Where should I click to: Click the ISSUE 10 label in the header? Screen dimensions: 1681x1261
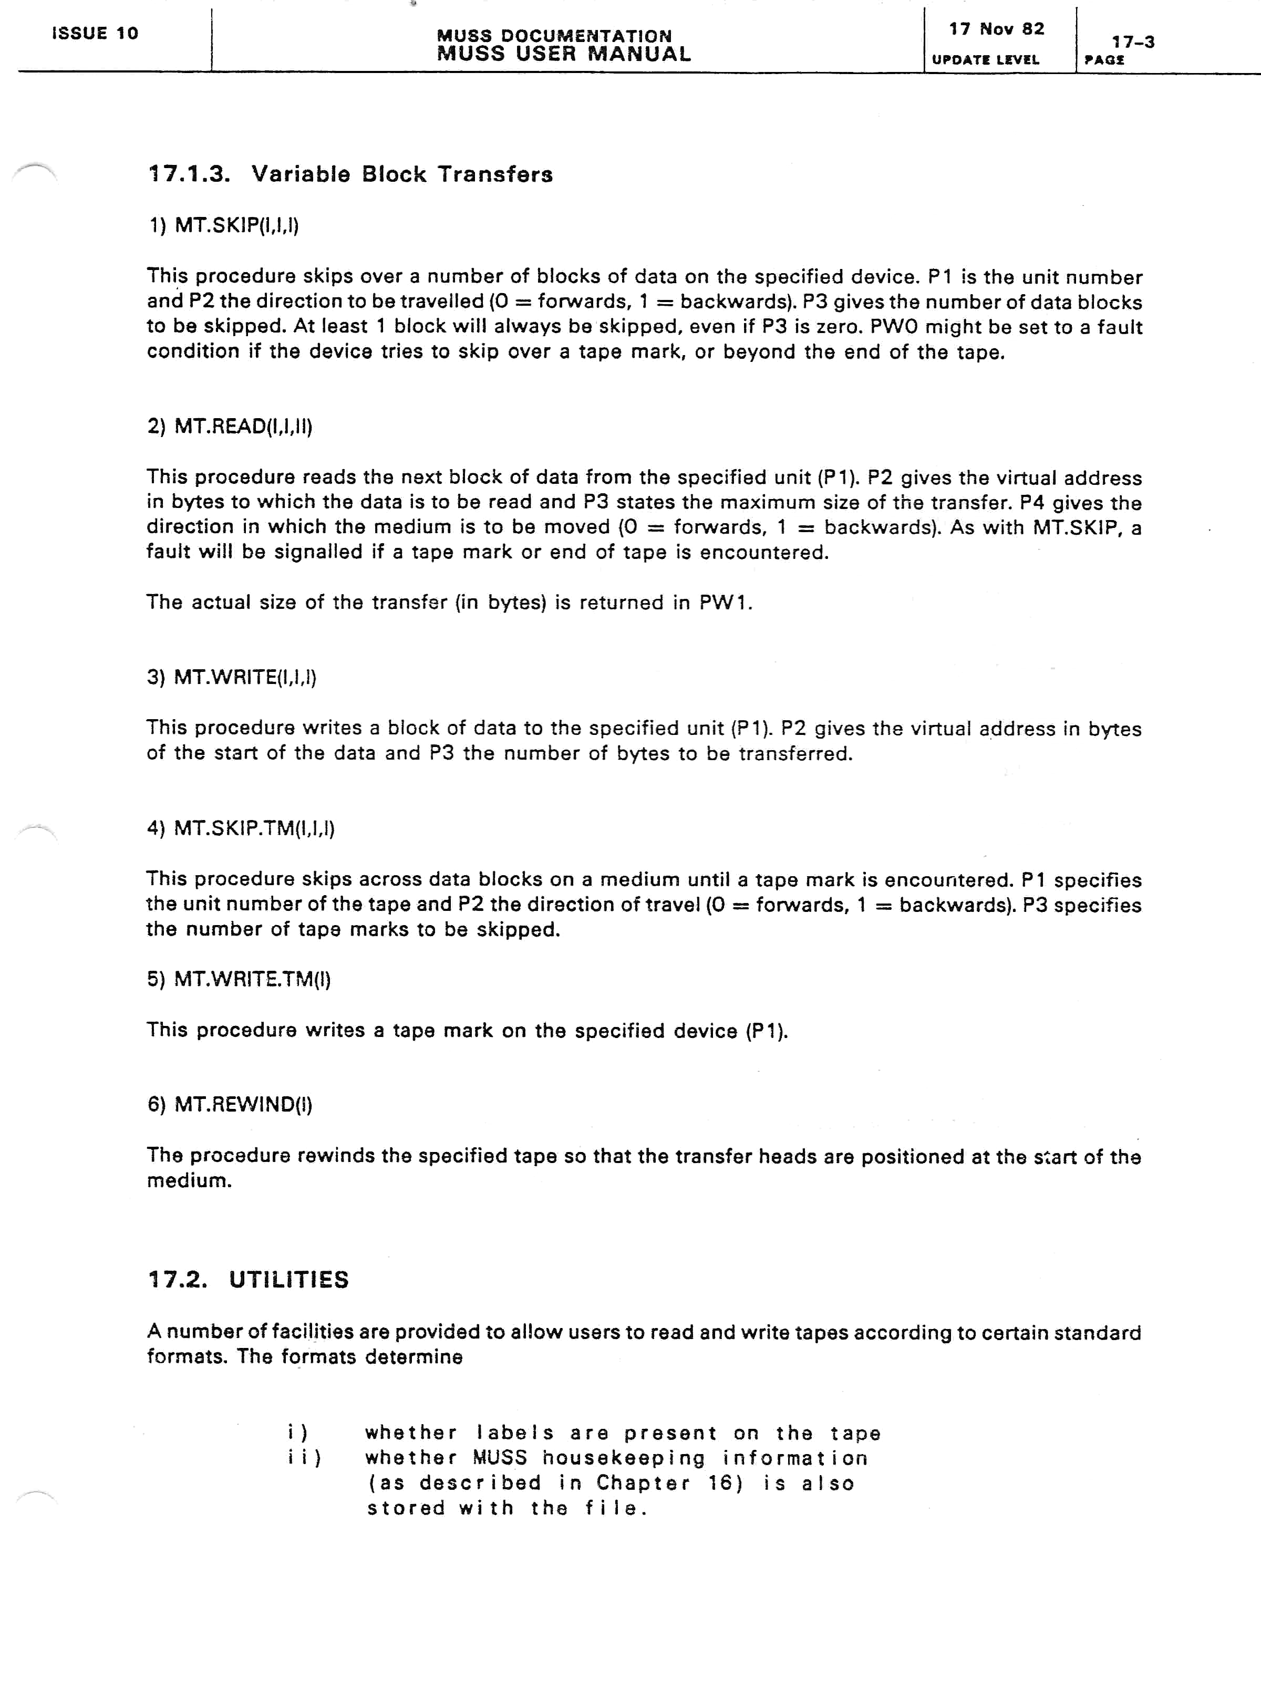tap(95, 34)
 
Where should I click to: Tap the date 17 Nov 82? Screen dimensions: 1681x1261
tap(997, 29)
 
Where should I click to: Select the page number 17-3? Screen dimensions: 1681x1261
tap(1133, 43)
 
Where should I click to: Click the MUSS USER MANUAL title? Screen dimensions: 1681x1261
tap(563, 54)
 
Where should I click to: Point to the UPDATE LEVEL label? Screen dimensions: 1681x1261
tap(985, 60)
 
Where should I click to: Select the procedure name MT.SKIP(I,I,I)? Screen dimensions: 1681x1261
tap(236, 226)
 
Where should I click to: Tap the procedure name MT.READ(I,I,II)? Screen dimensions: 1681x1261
tap(243, 427)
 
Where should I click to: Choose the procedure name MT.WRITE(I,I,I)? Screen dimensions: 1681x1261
tap(245, 677)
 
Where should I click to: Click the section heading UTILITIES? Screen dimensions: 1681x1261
tap(289, 1280)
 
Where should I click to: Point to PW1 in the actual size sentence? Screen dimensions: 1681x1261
tap(725, 603)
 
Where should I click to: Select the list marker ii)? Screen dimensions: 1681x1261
tap(304, 1458)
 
